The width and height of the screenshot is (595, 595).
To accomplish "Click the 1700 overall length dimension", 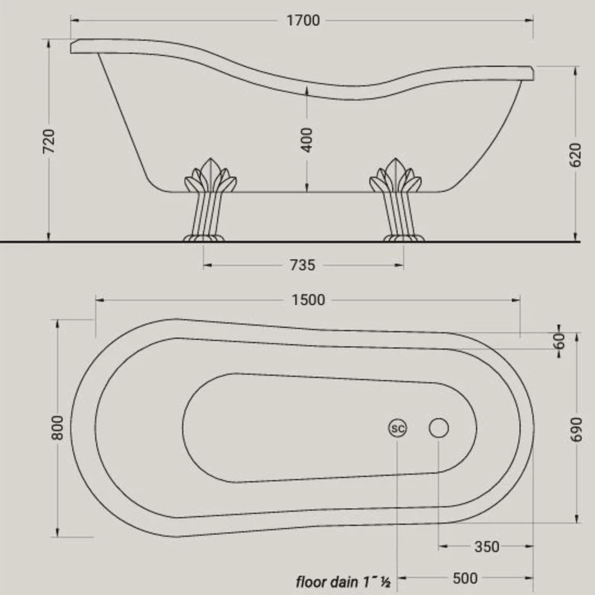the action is coord(303,21).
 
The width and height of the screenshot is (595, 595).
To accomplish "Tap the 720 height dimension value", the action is coord(48,141).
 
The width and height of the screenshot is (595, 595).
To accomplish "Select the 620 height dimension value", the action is coord(575,155).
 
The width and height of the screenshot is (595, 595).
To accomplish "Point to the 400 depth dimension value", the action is coord(306,140).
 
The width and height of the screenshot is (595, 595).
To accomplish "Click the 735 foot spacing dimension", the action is coord(303,265).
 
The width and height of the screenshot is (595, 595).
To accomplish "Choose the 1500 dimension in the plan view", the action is coord(308,300).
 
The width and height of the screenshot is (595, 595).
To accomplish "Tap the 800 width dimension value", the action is coord(57,428).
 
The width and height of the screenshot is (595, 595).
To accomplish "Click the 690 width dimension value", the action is coord(576,430).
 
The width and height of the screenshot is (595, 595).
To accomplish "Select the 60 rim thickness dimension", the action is coord(559,341).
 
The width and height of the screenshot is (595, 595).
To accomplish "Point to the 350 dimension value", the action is coord(487,547).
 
